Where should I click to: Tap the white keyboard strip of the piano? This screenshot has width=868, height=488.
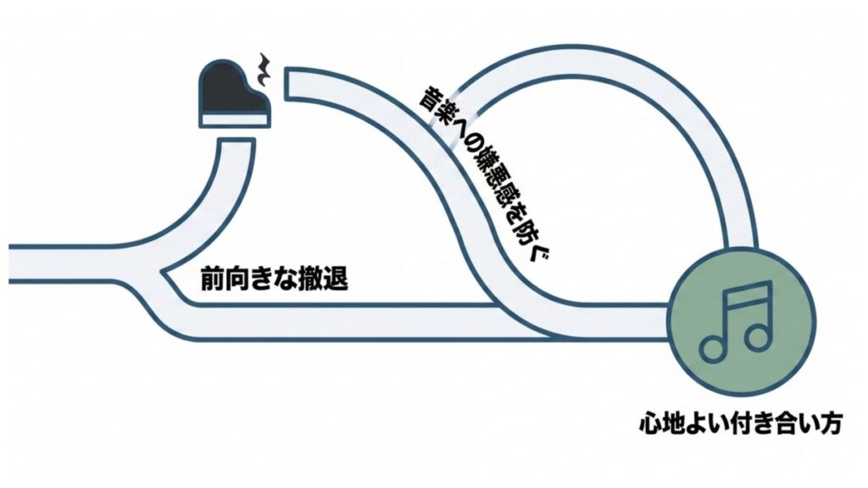[x=235, y=119]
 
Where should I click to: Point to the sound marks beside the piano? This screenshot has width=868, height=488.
[x=265, y=72]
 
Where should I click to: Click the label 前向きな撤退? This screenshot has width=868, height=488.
[x=274, y=280]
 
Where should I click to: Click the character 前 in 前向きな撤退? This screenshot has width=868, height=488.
[x=210, y=280]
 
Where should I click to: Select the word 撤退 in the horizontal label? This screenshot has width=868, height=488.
[x=328, y=280]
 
